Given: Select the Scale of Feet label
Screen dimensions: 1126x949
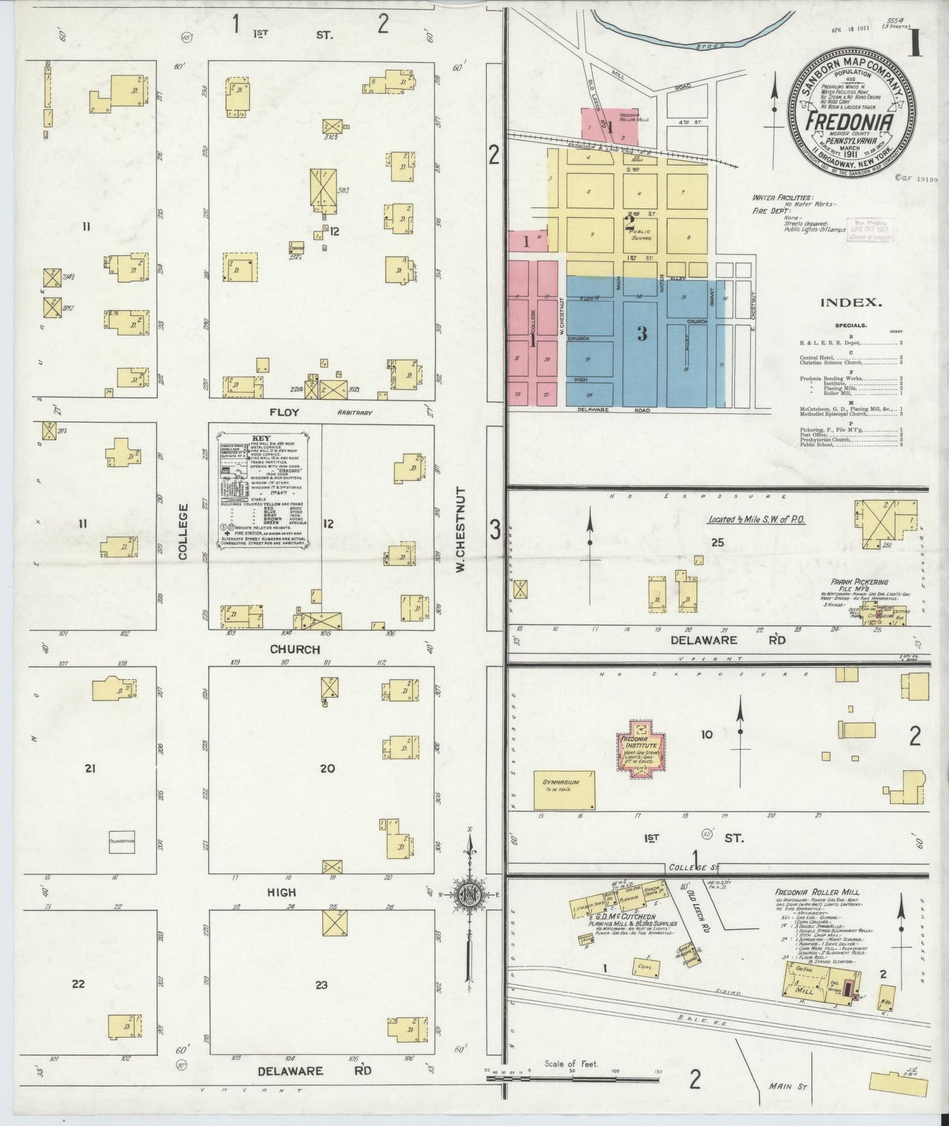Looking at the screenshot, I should coord(571,1064).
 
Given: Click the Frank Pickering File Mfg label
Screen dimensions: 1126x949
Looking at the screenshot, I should coord(859,585).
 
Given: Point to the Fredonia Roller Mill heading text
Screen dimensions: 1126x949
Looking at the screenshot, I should coord(812,893).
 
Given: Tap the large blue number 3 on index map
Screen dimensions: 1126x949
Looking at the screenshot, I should coord(641,334).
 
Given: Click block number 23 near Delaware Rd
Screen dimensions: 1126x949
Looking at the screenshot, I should coord(321,985).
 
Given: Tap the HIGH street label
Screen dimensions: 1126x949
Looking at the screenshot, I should coord(281,893).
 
